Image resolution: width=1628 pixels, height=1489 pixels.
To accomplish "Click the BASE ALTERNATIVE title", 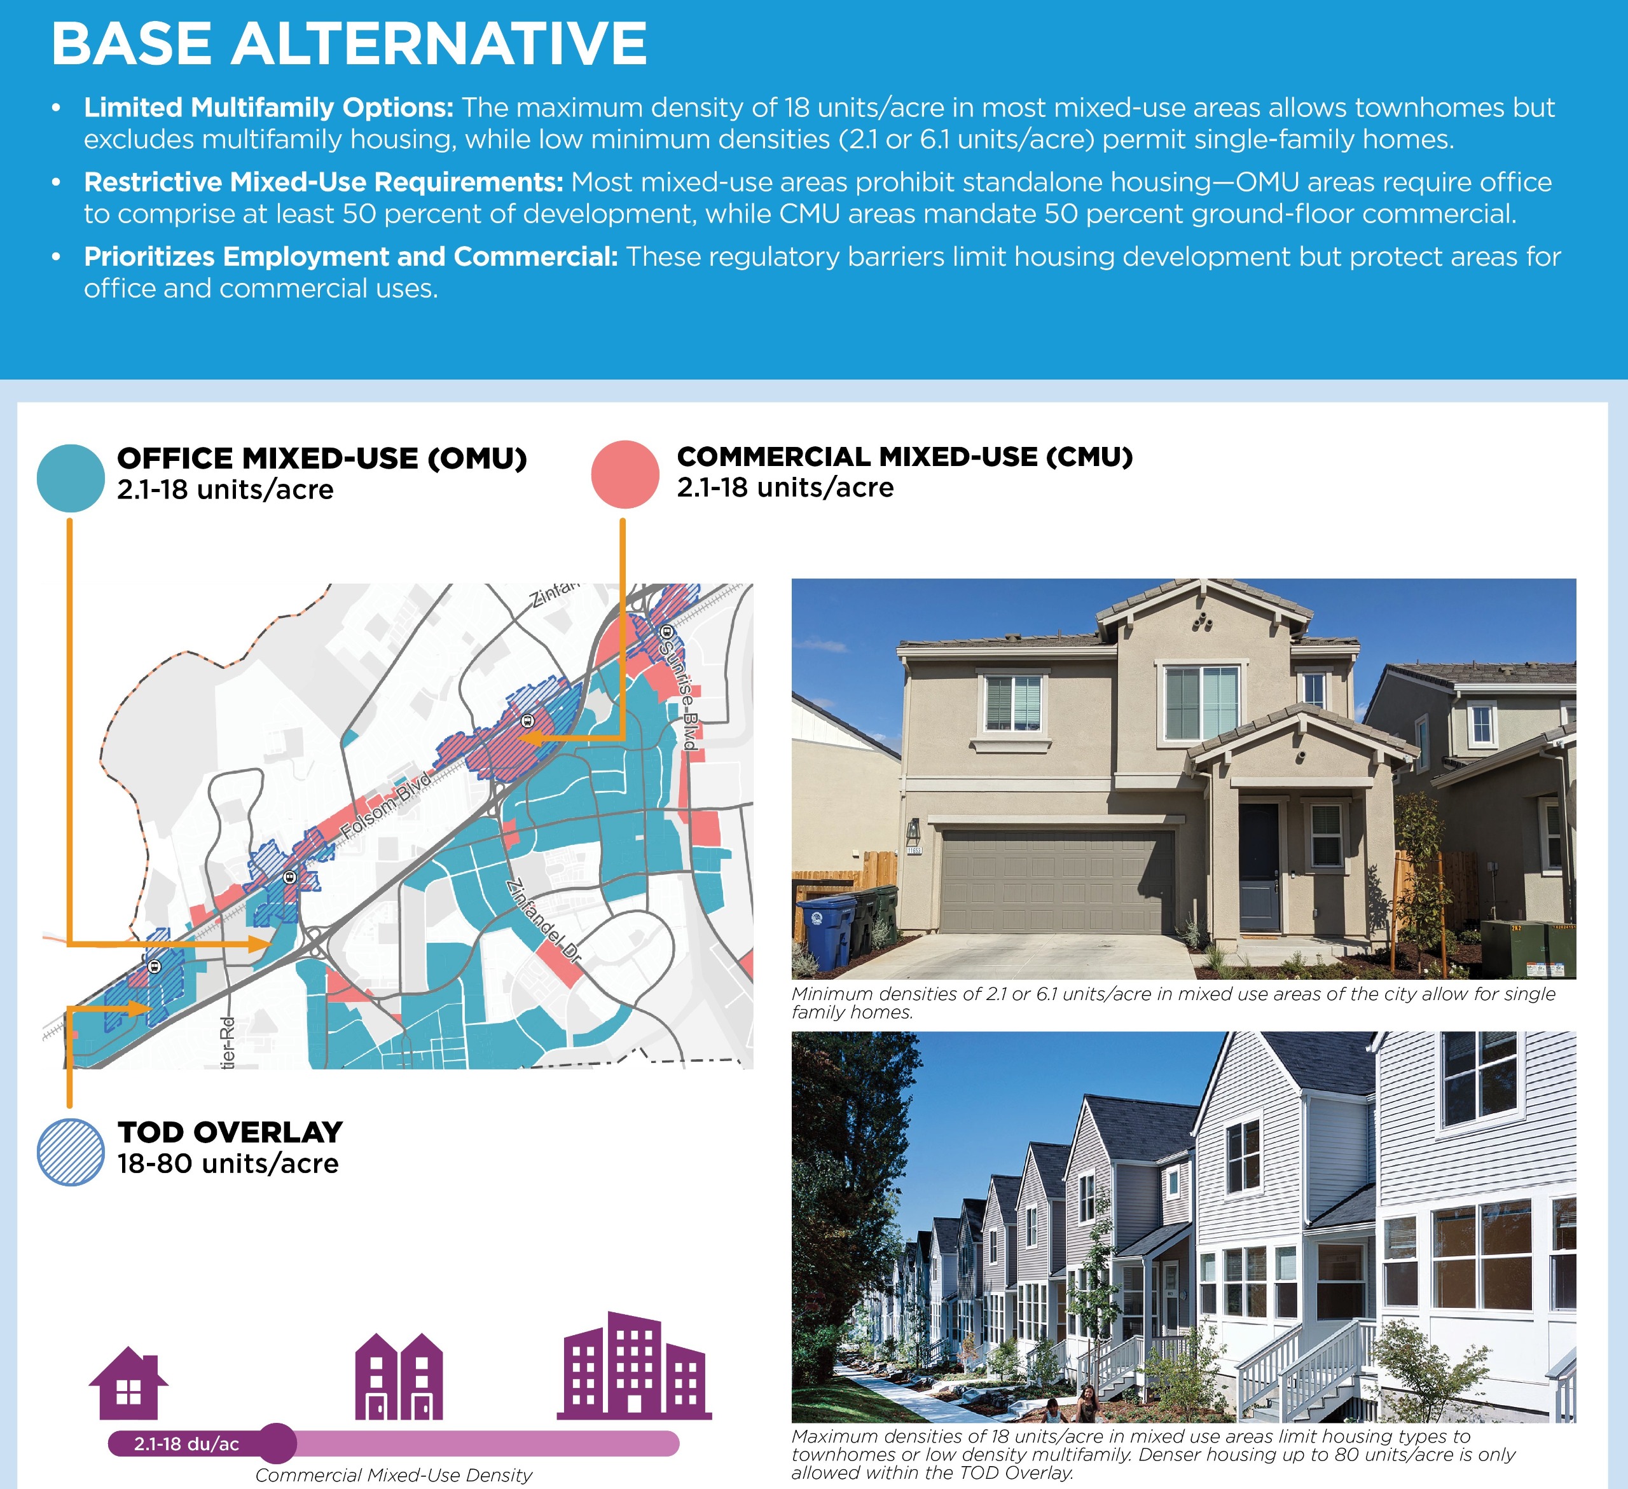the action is click(x=349, y=44).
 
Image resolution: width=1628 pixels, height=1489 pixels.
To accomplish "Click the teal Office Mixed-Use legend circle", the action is click(x=71, y=478).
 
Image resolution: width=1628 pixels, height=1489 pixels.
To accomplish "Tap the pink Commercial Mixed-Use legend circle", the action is click(x=625, y=475).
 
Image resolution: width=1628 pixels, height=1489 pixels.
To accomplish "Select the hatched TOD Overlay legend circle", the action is click(x=71, y=1152).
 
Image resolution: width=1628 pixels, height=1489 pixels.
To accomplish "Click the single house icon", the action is click(x=128, y=1383).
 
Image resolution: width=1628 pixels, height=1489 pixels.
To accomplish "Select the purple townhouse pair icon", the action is click(x=399, y=1376).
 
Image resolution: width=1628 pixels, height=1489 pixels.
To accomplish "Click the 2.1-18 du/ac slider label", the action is click(x=186, y=1444).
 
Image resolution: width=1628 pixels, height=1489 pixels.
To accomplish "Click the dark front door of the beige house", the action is click(x=1260, y=867).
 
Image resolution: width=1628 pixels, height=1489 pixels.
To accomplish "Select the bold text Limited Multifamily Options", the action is click(x=269, y=107).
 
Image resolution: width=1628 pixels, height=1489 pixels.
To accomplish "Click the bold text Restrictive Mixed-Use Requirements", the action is click(x=324, y=182).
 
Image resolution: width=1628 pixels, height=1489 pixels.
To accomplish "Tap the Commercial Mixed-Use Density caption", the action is click(x=394, y=1475).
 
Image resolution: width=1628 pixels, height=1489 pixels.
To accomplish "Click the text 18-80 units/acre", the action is click(x=228, y=1163).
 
